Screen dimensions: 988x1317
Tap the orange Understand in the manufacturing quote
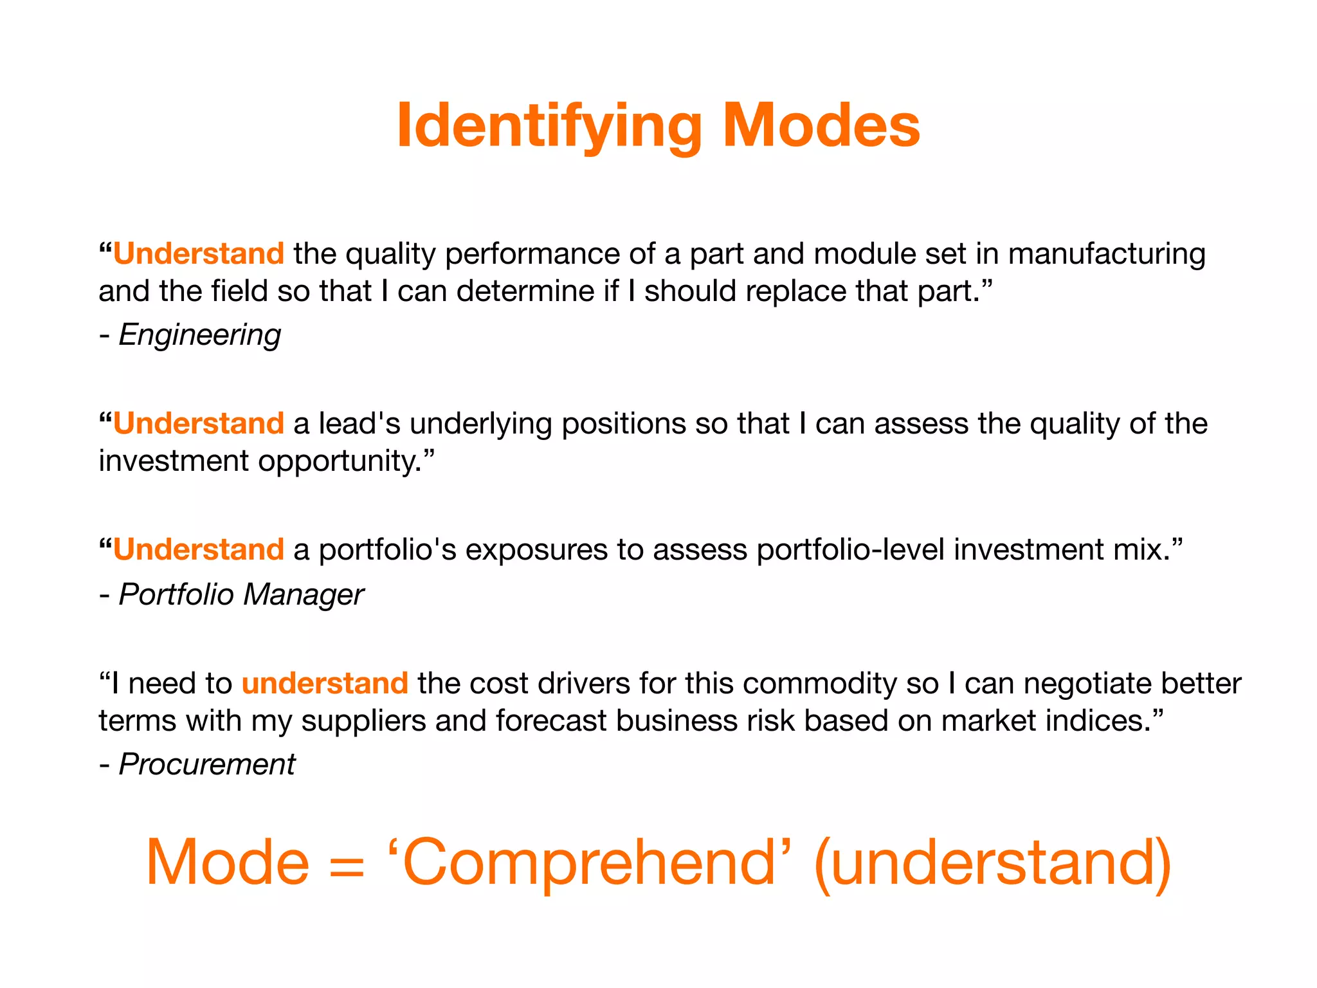click(199, 253)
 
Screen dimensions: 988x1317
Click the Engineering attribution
click(199, 334)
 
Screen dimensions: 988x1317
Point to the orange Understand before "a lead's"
click(199, 423)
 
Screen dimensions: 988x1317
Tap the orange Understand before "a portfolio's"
click(199, 549)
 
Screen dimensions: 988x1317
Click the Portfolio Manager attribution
click(241, 594)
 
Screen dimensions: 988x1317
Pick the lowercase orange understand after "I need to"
click(325, 682)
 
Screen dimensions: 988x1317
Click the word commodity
click(819, 682)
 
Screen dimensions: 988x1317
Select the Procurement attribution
click(206, 764)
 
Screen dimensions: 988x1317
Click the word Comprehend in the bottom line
click(589, 862)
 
